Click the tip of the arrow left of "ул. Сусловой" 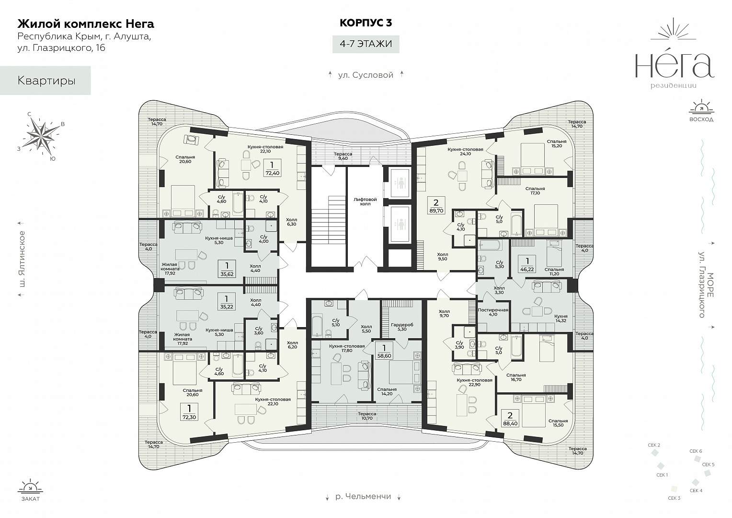coord(331,71)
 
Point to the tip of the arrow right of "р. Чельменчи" coord(399,500)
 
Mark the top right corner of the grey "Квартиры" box coord(91,66)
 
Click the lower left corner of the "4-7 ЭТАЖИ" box coord(332,53)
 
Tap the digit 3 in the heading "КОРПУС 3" coord(389,23)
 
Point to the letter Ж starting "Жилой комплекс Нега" coord(22,24)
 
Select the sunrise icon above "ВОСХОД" coord(701,107)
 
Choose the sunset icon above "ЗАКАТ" coord(30,486)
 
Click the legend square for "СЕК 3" coord(674,489)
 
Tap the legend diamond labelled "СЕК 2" coord(654,453)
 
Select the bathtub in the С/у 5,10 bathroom coord(318,325)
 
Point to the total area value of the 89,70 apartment coord(436,211)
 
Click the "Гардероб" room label coord(402,325)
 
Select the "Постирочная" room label coord(493,310)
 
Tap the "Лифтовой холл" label coord(365,201)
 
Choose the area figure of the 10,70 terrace coord(366,418)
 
